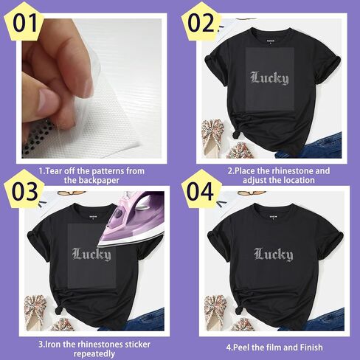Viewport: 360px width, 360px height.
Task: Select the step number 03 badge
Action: (24, 190)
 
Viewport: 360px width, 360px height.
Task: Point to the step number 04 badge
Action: (201, 190)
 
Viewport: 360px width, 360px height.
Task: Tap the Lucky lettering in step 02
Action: (269, 78)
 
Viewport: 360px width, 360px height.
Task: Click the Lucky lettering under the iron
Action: (91, 254)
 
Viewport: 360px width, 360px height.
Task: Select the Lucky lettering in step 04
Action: (274, 254)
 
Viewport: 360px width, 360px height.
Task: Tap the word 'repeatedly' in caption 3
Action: (94, 354)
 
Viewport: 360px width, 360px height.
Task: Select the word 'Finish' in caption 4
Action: (311, 347)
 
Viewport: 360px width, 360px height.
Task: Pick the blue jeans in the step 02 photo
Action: (312, 148)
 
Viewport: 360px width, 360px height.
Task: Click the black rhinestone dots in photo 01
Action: (37, 138)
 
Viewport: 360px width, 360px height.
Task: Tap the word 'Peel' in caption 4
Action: (241, 347)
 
